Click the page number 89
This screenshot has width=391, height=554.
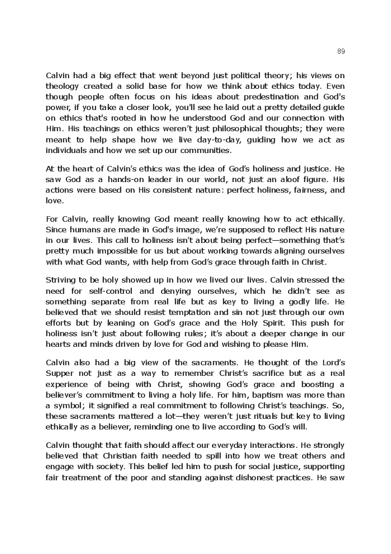pos(341,51)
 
